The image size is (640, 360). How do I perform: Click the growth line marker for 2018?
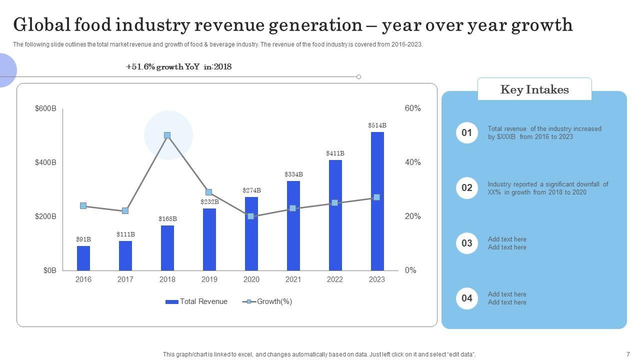coord(167,135)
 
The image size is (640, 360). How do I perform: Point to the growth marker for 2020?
coord(251,216)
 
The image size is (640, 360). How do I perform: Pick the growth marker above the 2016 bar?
coord(83,205)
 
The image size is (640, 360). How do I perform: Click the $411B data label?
coord(335,153)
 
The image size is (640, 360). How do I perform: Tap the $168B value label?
coord(167,219)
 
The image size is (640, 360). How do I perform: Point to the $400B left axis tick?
coord(45,162)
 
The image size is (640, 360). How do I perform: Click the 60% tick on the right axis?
coord(412,108)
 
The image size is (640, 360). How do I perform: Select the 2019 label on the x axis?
coord(209,279)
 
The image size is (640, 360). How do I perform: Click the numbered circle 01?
coord(466,132)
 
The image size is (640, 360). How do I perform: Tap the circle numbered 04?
coord(466,298)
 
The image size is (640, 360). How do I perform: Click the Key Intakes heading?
coord(534,89)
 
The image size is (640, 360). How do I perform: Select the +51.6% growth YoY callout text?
coord(178,67)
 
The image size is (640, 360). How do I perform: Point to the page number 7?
coord(628,354)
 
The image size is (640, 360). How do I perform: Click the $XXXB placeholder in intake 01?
coord(506,137)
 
